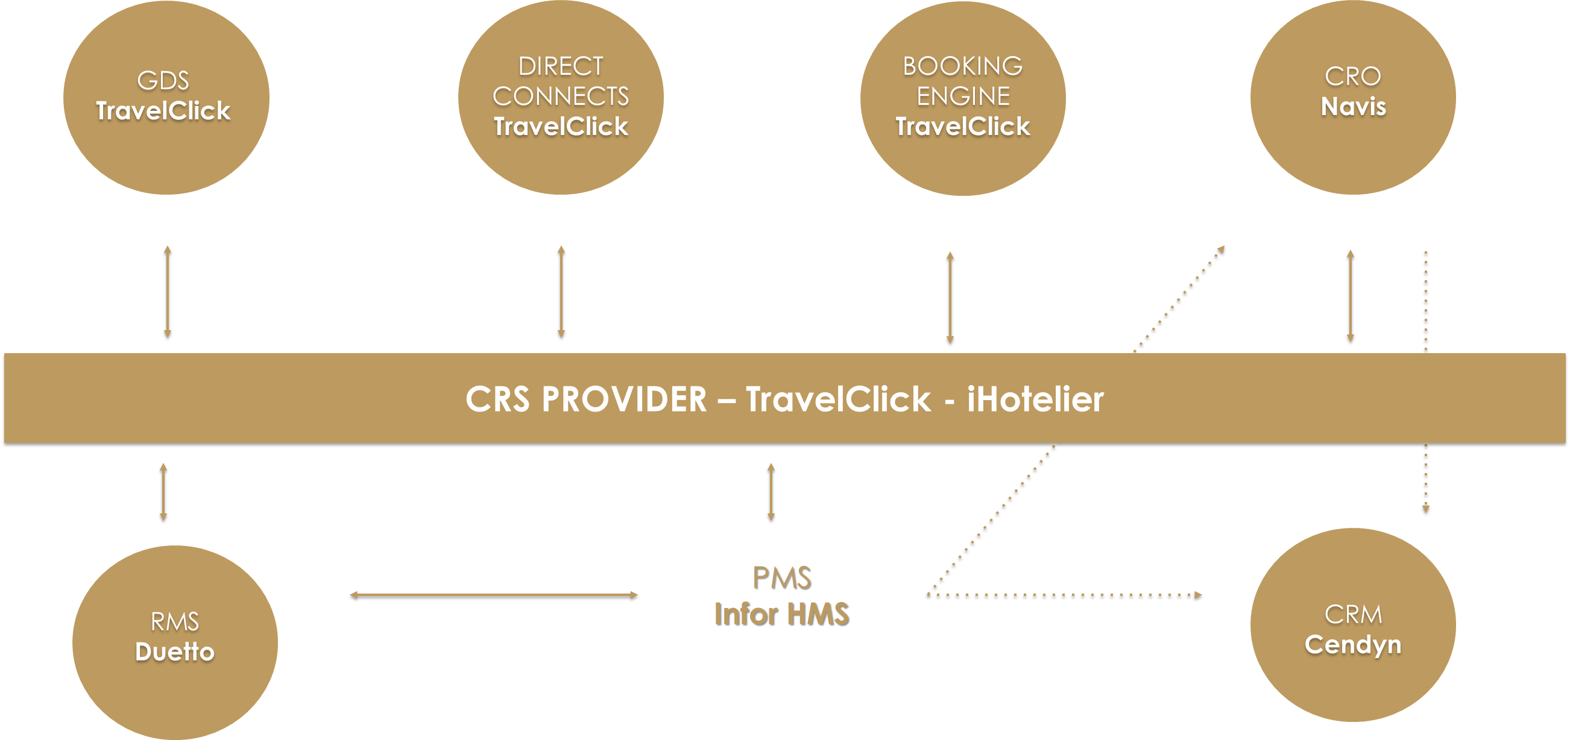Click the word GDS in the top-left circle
[x=163, y=80]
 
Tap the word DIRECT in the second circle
[x=561, y=66]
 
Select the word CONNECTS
[x=561, y=96]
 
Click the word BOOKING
[x=962, y=66]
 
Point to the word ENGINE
[x=963, y=96]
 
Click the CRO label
[x=1352, y=77]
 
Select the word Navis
[x=1353, y=107]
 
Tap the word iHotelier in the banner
[x=1035, y=400]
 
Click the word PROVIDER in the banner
[x=624, y=400]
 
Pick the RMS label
[x=175, y=622]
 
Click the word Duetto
[x=175, y=652]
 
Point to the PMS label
[x=781, y=577]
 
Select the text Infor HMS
[x=781, y=613]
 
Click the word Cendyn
[x=1352, y=644]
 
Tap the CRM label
[x=1352, y=615]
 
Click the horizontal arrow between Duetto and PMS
[x=494, y=594]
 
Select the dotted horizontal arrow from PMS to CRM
[x=1064, y=594]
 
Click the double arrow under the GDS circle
[x=168, y=291]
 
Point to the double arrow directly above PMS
[x=771, y=492]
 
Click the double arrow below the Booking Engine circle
[x=950, y=297]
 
